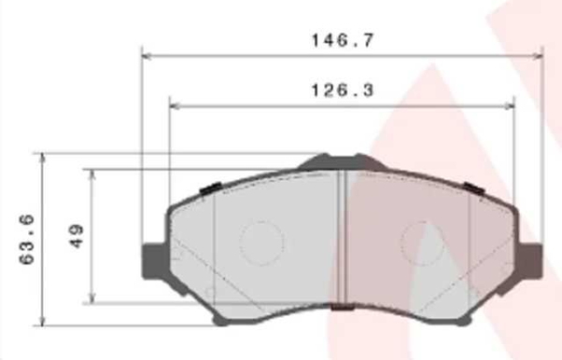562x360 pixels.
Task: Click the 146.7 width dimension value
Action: point(341,42)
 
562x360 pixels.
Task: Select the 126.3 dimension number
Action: point(341,91)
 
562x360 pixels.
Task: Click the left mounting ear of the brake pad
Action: point(153,259)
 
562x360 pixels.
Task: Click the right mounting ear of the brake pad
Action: point(529,259)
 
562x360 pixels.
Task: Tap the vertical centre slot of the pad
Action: point(343,234)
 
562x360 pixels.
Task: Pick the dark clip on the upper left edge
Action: point(210,186)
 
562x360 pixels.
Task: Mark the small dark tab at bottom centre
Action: point(343,306)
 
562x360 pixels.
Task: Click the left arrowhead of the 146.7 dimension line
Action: point(145,55)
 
